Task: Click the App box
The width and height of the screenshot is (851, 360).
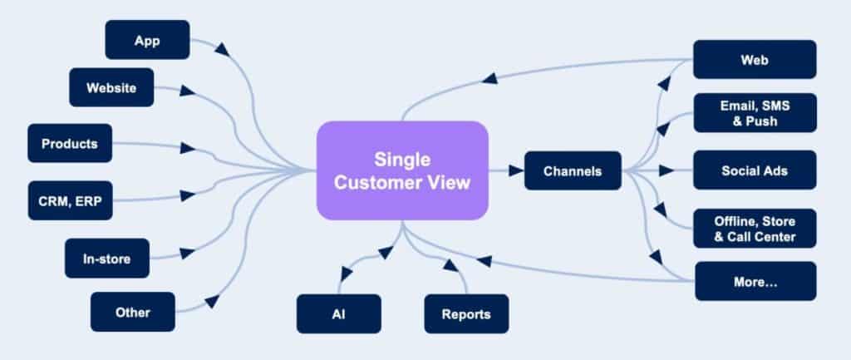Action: (x=148, y=40)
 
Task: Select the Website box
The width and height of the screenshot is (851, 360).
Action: (x=111, y=87)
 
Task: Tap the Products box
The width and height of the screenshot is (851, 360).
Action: (x=70, y=143)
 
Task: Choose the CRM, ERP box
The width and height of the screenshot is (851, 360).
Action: (x=71, y=200)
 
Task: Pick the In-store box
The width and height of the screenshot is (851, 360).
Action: (x=107, y=259)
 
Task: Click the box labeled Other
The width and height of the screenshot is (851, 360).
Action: (x=133, y=312)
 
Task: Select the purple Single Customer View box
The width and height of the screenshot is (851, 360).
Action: (x=402, y=170)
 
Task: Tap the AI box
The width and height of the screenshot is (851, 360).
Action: (x=339, y=313)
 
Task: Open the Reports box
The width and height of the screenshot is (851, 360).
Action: (x=466, y=313)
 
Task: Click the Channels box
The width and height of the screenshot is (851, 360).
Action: (x=573, y=170)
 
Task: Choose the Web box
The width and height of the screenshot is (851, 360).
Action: (x=755, y=59)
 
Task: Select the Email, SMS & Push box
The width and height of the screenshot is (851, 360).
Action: (x=755, y=112)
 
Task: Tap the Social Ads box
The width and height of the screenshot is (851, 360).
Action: (x=755, y=170)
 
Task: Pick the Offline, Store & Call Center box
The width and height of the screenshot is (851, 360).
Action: (x=755, y=228)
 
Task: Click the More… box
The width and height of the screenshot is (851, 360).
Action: (x=755, y=281)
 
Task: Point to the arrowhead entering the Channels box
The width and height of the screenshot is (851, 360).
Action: (x=515, y=170)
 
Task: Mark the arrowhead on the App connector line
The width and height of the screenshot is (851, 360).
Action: (x=222, y=48)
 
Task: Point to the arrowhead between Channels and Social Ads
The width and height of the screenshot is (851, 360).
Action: (x=667, y=170)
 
